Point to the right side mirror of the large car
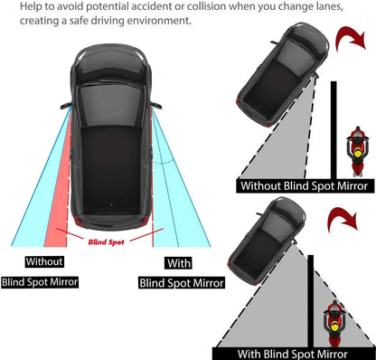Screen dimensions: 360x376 [151, 105]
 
